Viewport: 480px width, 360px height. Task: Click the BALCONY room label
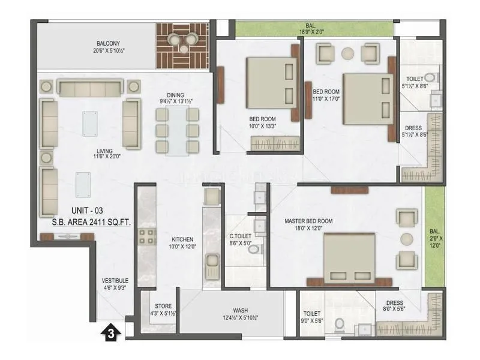110,43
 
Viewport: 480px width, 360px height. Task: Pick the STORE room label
163,306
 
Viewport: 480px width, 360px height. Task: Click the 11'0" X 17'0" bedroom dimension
327,99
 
